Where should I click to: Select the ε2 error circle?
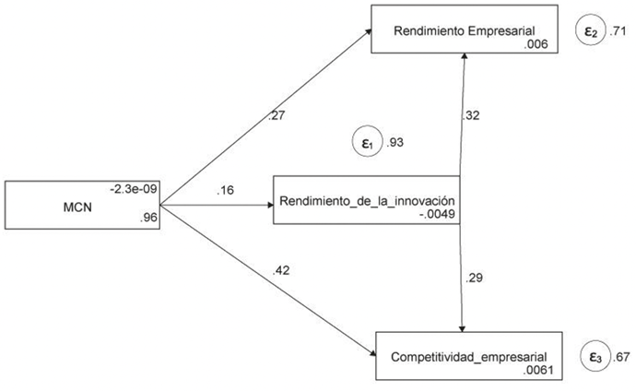click(590, 31)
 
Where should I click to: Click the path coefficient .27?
click(276, 116)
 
